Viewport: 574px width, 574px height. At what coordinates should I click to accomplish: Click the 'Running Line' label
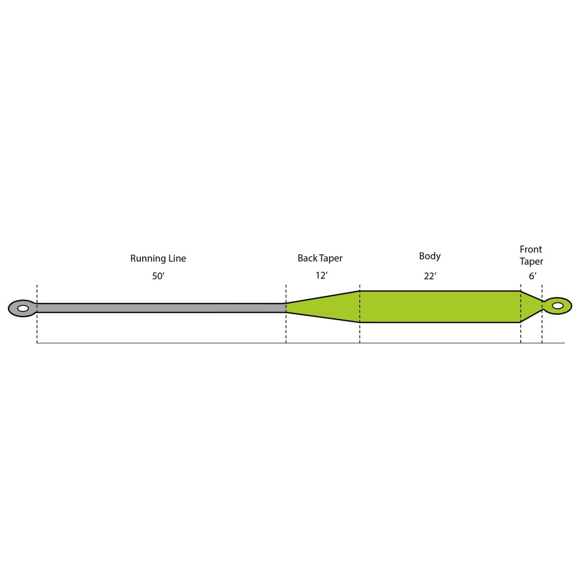(158, 258)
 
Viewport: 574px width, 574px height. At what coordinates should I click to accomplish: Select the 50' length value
(158, 276)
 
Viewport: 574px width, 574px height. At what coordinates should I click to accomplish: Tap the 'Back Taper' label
(320, 258)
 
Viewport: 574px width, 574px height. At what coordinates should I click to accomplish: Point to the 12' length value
(321, 275)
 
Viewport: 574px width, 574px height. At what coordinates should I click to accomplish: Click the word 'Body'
(430, 256)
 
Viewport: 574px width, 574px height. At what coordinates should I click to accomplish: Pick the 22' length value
(430, 276)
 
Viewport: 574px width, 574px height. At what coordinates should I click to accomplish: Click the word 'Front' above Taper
(531, 249)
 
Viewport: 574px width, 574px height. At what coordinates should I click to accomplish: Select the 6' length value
(532, 276)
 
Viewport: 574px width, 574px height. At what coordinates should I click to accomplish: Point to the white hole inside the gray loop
(23, 308)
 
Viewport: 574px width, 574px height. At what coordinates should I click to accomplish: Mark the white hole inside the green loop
(557, 306)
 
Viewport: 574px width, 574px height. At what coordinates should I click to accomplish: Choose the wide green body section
(439, 307)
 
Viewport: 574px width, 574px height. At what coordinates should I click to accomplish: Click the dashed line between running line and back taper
(286, 332)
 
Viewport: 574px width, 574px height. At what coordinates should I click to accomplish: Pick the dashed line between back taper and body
(360, 332)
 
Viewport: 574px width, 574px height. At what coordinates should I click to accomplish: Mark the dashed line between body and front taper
(521, 332)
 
